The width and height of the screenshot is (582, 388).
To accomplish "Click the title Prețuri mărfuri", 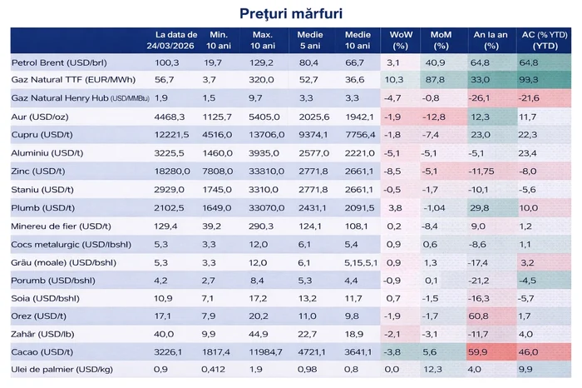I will [290, 13].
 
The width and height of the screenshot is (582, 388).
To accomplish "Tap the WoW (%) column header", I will [401, 39].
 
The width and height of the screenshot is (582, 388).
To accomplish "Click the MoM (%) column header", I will [441, 39].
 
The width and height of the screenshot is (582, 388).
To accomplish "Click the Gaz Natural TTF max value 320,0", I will [259, 80].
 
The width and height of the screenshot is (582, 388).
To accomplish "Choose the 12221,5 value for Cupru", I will [166, 135].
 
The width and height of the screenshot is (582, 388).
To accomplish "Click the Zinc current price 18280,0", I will [166, 171].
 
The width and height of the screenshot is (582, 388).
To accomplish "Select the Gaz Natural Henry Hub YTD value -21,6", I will [529, 98].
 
